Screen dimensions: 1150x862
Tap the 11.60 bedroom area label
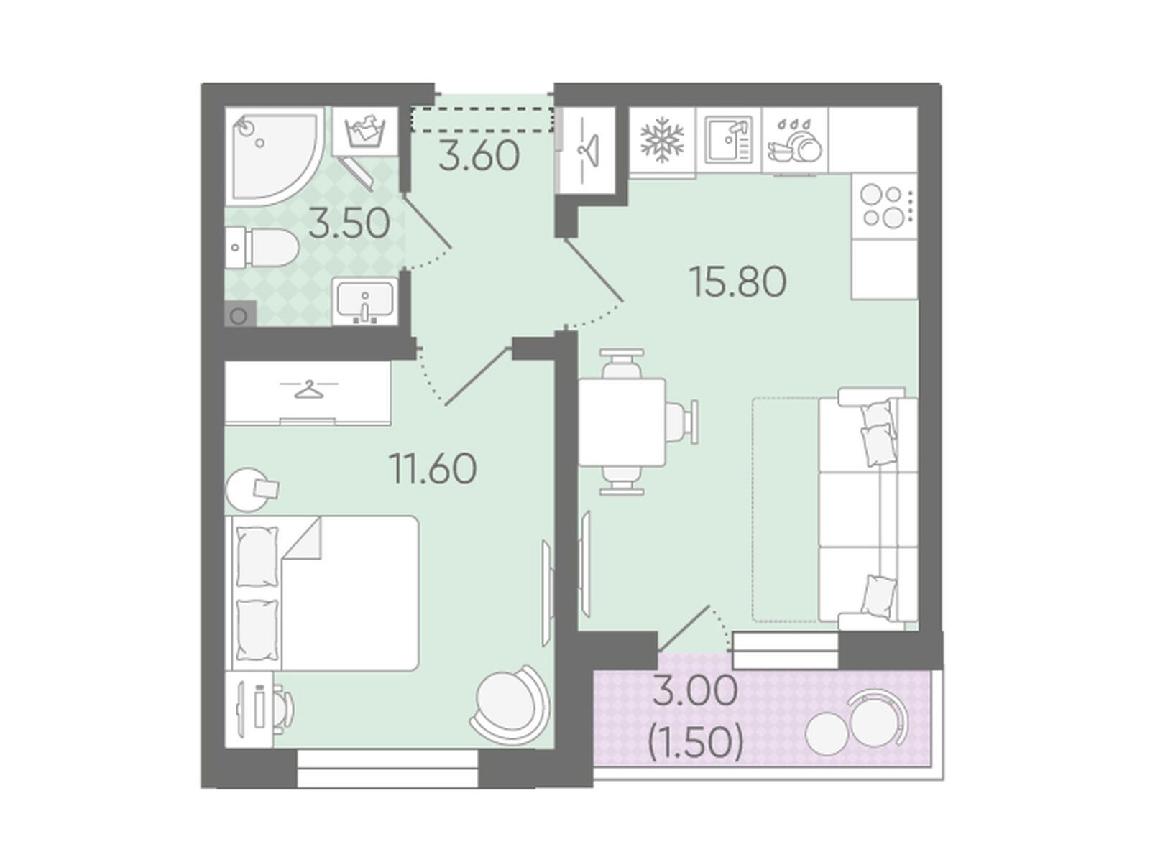pyautogui.click(x=433, y=468)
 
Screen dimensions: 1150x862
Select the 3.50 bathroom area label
pyautogui.click(x=349, y=223)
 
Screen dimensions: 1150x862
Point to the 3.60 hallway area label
pyautogui.click(x=479, y=155)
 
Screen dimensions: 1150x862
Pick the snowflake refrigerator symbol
pyautogui.click(x=662, y=142)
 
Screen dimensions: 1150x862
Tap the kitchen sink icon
pyautogui.click(x=729, y=139)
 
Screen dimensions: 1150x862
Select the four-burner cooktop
pyautogui.click(x=884, y=207)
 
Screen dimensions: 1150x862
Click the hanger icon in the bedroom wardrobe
pyautogui.click(x=308, y=389)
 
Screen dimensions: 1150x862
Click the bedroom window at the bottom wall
pyautogui.click(x=387, y=768)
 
